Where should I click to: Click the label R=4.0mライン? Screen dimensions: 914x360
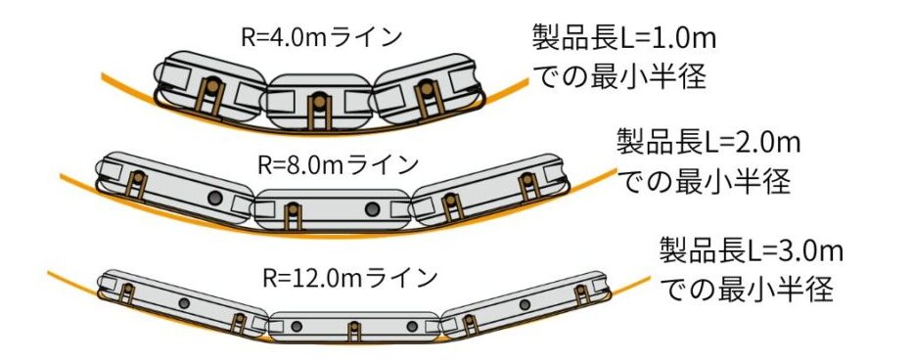[321, 37]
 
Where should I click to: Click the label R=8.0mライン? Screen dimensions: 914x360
[338, 165]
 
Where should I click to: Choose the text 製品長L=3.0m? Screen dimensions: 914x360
[752, 251]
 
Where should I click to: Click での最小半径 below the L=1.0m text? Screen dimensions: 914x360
[619, 76]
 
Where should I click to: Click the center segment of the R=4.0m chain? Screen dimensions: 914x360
[319, 102]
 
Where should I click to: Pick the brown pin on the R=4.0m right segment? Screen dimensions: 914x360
[428, 88]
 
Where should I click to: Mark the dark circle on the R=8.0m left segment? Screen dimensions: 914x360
[215, 198]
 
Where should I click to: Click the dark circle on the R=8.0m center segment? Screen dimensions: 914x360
[372, 208]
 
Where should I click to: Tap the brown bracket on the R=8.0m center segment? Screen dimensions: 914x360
[294, 217]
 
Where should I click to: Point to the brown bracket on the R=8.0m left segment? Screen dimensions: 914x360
[138, 185]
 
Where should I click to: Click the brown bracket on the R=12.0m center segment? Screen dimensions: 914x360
[354, 332]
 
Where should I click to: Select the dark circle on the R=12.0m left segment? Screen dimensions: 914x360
[184, 303]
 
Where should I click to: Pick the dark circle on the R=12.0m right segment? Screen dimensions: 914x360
[525, 304]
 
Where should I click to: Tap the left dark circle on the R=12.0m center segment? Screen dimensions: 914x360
[297, 326]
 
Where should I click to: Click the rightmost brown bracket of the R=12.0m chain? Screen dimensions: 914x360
[581, 295]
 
